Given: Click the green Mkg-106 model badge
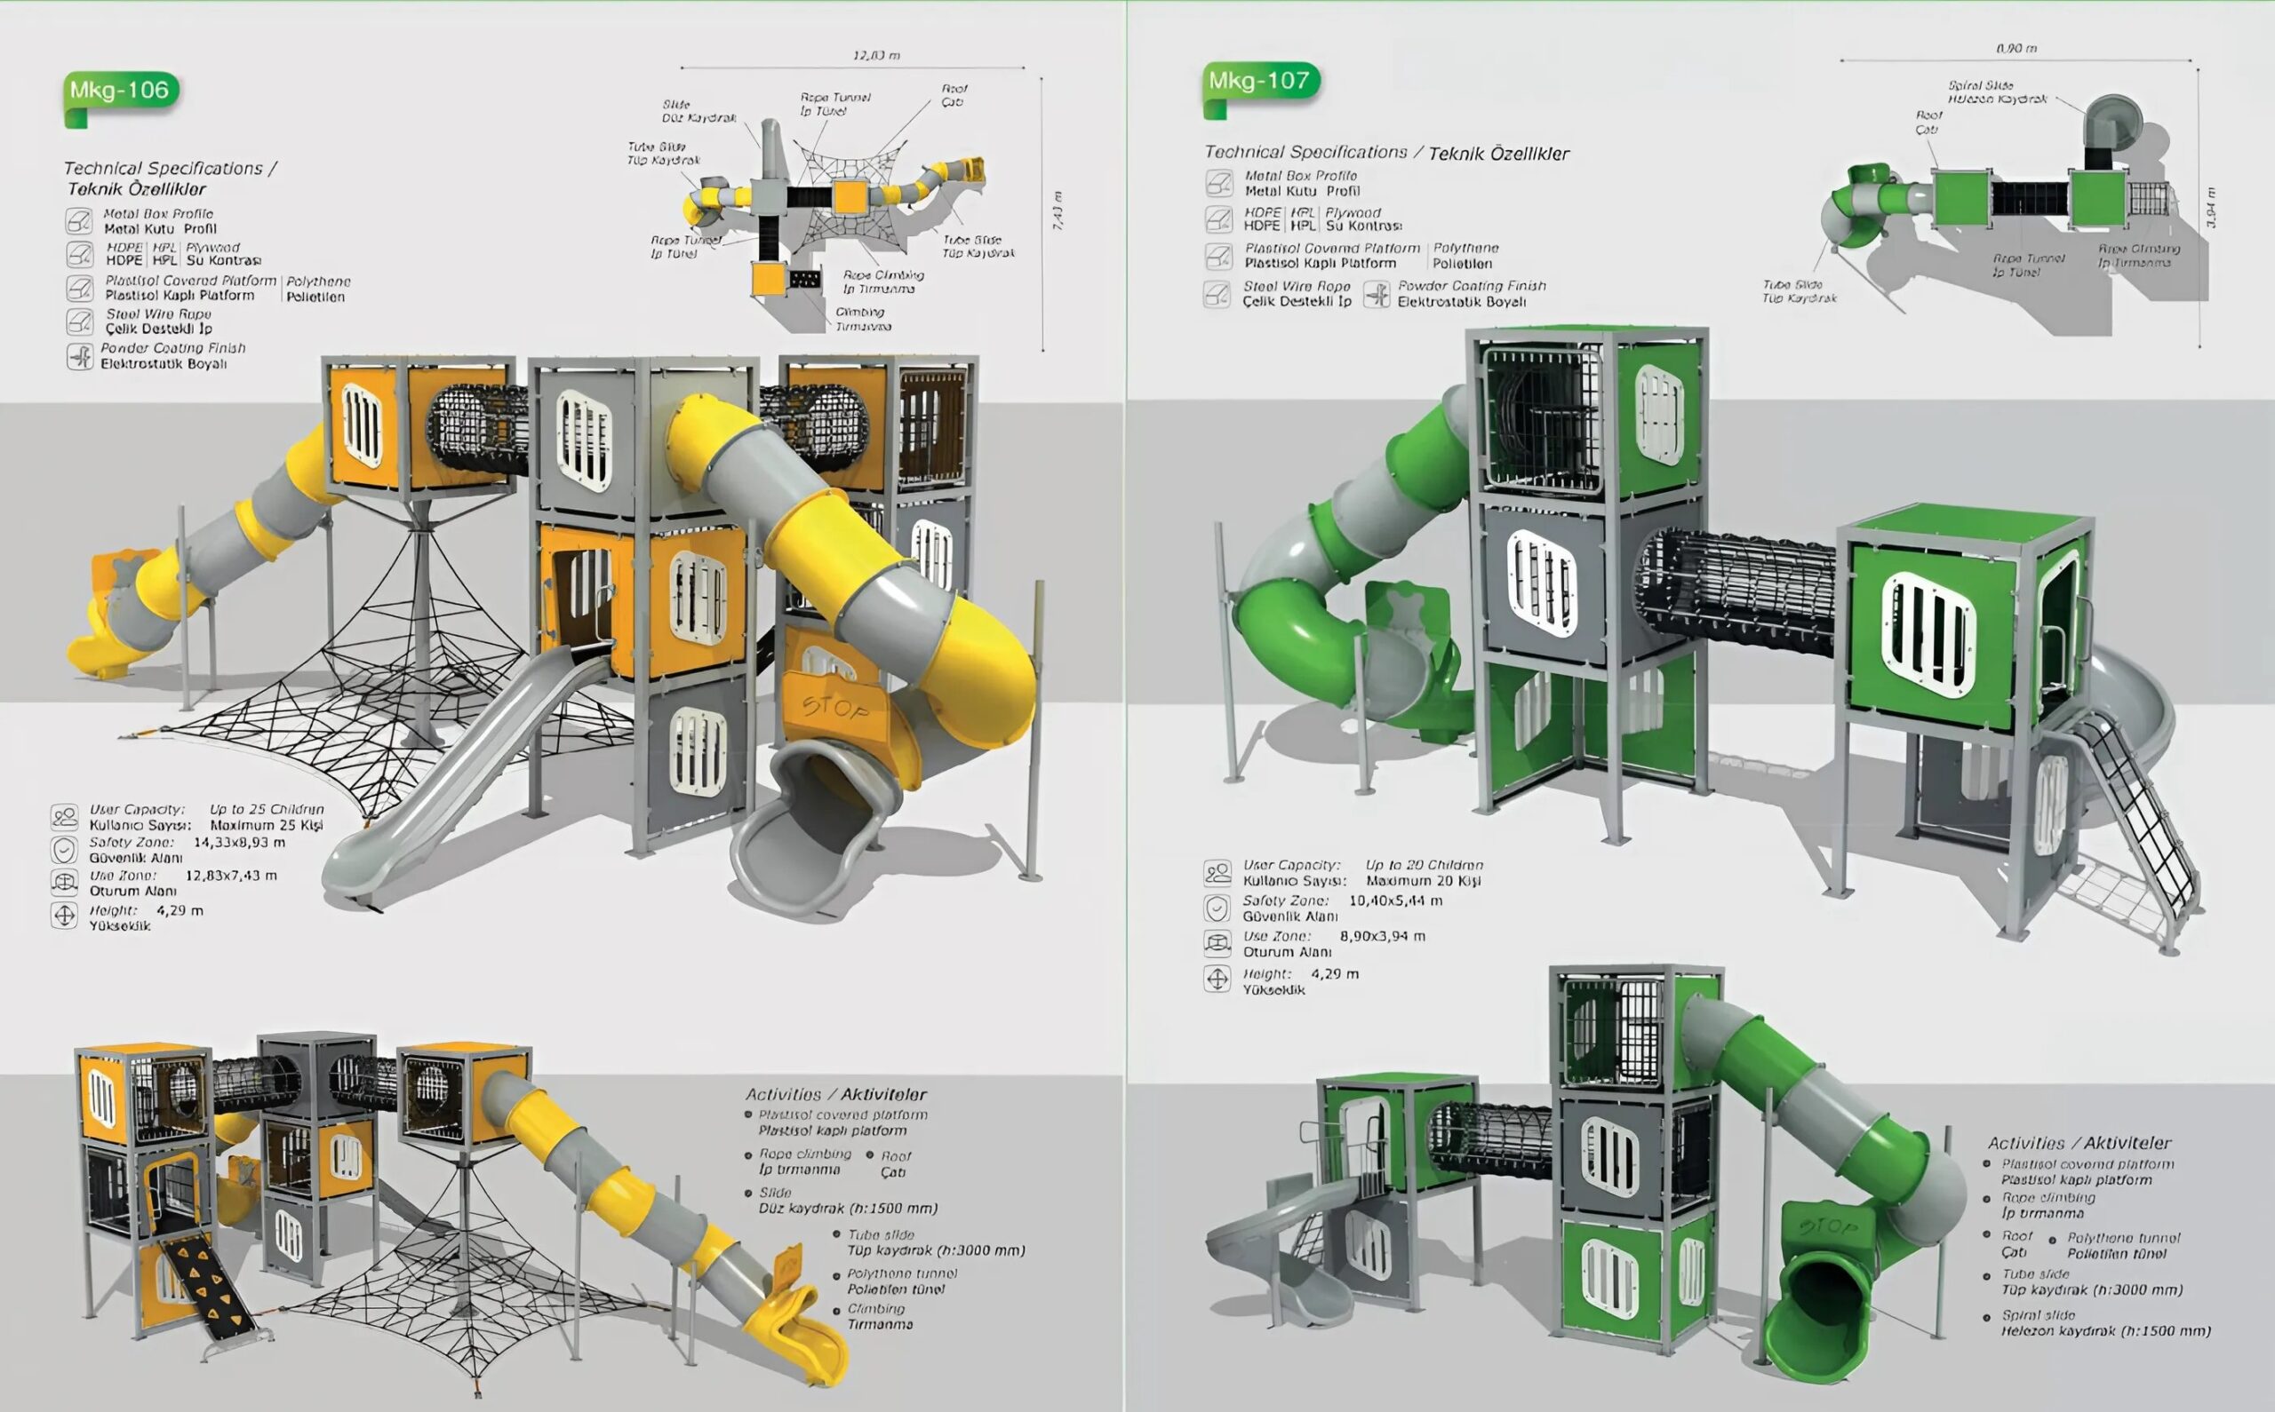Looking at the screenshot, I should click(121, 91).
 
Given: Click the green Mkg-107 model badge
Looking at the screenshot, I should click(1259, 81).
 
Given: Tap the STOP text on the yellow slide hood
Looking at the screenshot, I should click(834, 708).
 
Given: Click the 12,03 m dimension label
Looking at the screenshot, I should click(875, 55).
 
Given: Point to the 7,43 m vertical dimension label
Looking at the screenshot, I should click(1057, 211).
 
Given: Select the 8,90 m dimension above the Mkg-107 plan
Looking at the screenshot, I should click(2016, 48).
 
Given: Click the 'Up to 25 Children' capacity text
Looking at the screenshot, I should click(267, 809).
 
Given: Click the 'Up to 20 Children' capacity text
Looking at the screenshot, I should click(1423, 865).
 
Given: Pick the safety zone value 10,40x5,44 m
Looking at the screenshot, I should click(1395, 900).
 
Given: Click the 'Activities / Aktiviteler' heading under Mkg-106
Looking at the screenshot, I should click(835, 1093).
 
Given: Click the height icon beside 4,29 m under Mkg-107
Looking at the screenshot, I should click(1217, 979).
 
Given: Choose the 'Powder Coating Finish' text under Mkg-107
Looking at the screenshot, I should click(1471, 286).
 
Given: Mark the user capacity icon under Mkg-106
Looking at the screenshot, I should click(65, 816).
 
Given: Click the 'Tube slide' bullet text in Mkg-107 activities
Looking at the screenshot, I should click(2037, 1273).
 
